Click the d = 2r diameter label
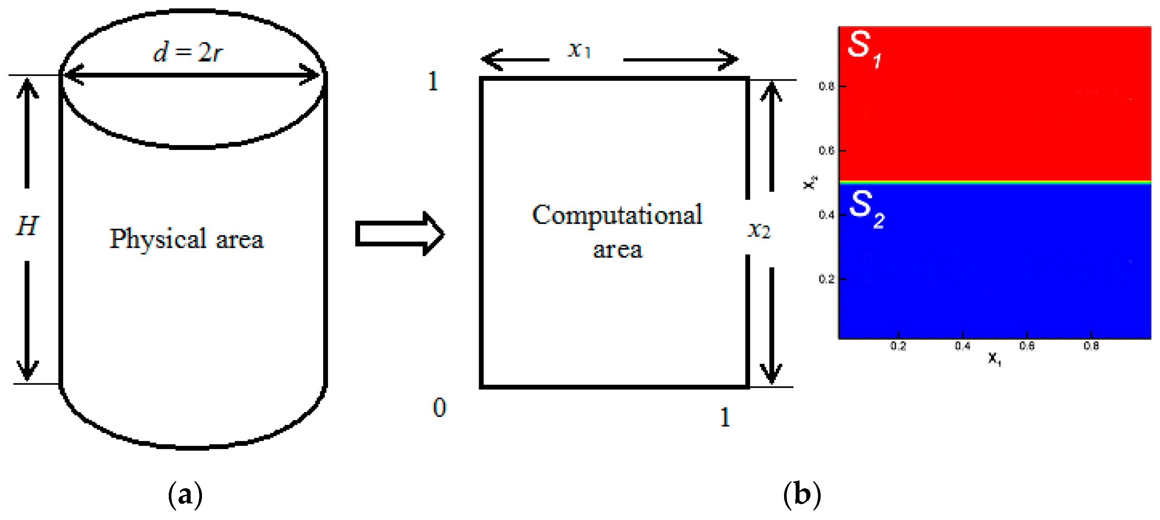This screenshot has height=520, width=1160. pos(188,52)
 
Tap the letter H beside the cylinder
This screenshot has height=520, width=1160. pos(27,226)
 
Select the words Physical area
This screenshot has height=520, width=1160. pos(186,239)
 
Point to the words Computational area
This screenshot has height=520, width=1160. pos(617,231)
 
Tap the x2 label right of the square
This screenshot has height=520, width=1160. pos(759,230)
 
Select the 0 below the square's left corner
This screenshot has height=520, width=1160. pos(439,407)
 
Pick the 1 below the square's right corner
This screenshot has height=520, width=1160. pos(724,417)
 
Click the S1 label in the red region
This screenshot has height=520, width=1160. pos(864,48)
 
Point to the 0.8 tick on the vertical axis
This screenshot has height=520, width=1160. pos(826,86)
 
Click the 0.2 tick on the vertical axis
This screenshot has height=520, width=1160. pos(826,279)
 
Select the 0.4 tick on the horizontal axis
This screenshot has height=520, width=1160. pos(962,346)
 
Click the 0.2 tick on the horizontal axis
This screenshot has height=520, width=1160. pos(898,346)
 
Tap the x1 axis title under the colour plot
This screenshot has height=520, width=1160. pos(994,359)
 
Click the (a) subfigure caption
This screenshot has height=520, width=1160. pos(185,495)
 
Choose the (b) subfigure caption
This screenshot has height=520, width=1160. pos(802,495)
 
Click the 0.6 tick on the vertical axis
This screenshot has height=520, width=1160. pos(826,151)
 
